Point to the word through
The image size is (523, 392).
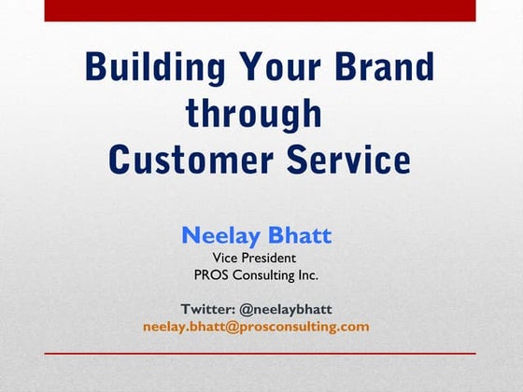[254, 113]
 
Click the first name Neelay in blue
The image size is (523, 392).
[220, 235]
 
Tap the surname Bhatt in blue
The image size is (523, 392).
[299, 235]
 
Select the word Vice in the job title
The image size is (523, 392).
[228, 257]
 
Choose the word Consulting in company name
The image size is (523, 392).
[270, 275]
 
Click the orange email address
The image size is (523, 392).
[256, 327]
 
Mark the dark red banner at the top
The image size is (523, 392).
[260, 10]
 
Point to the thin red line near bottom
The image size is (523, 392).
[260, 354]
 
